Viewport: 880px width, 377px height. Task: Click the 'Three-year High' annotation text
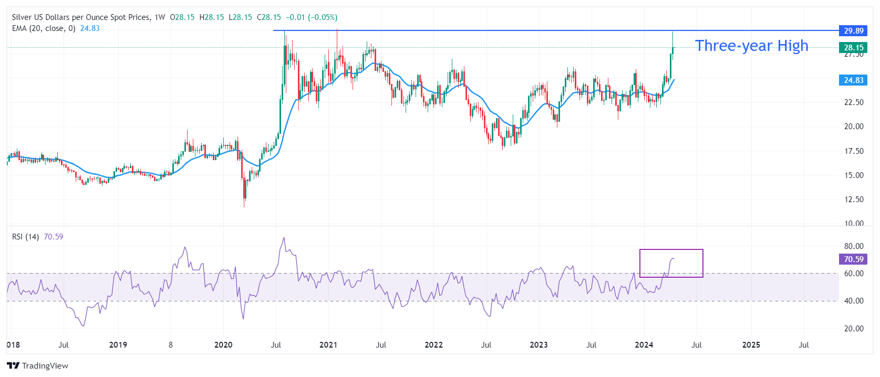pyautogui.click(x=751, y=46)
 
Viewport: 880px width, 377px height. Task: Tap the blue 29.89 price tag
pyautogui.click(x=853, y=31)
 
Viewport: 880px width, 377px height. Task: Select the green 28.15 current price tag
pyautogui.click(x=853, y=48)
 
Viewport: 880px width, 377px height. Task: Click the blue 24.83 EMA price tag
pyautogui.click(x=853, y=80)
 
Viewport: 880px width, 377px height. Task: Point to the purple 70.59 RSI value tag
pyautogui.click(x=853, y=259)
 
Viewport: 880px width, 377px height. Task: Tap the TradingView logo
pyautogui.click(x=38, y=365)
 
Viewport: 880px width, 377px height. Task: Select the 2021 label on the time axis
pyautogui.click(x=328, y=345)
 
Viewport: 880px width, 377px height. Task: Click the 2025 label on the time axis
pyautogui.click(x=751, y=345)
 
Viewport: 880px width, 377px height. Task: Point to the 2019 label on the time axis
pyautogui.click(x=118, y=345)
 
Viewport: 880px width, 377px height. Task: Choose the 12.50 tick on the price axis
pyautogui.click(x=854, y=200)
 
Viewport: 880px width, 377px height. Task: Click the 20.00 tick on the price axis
pyautogui.click(x=854, y=127)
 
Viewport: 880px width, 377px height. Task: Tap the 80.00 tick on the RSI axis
pyautogui.click(x=854, y=246)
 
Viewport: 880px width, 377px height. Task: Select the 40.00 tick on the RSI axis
pyautogui.click(x=854, y=301)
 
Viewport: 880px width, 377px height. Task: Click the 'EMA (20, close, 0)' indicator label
pyautogui.click(x=44, y=28)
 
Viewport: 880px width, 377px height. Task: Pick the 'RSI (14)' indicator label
pyautogui.click(x=25, y=237)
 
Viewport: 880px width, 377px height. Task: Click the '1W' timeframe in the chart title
pyautogui.click(x=160, y=17)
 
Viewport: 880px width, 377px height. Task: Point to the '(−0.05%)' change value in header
pyautogui.click(x=322, y=17)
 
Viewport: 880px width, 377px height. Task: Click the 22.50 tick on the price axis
pyautogui.click(x=854, y=102)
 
